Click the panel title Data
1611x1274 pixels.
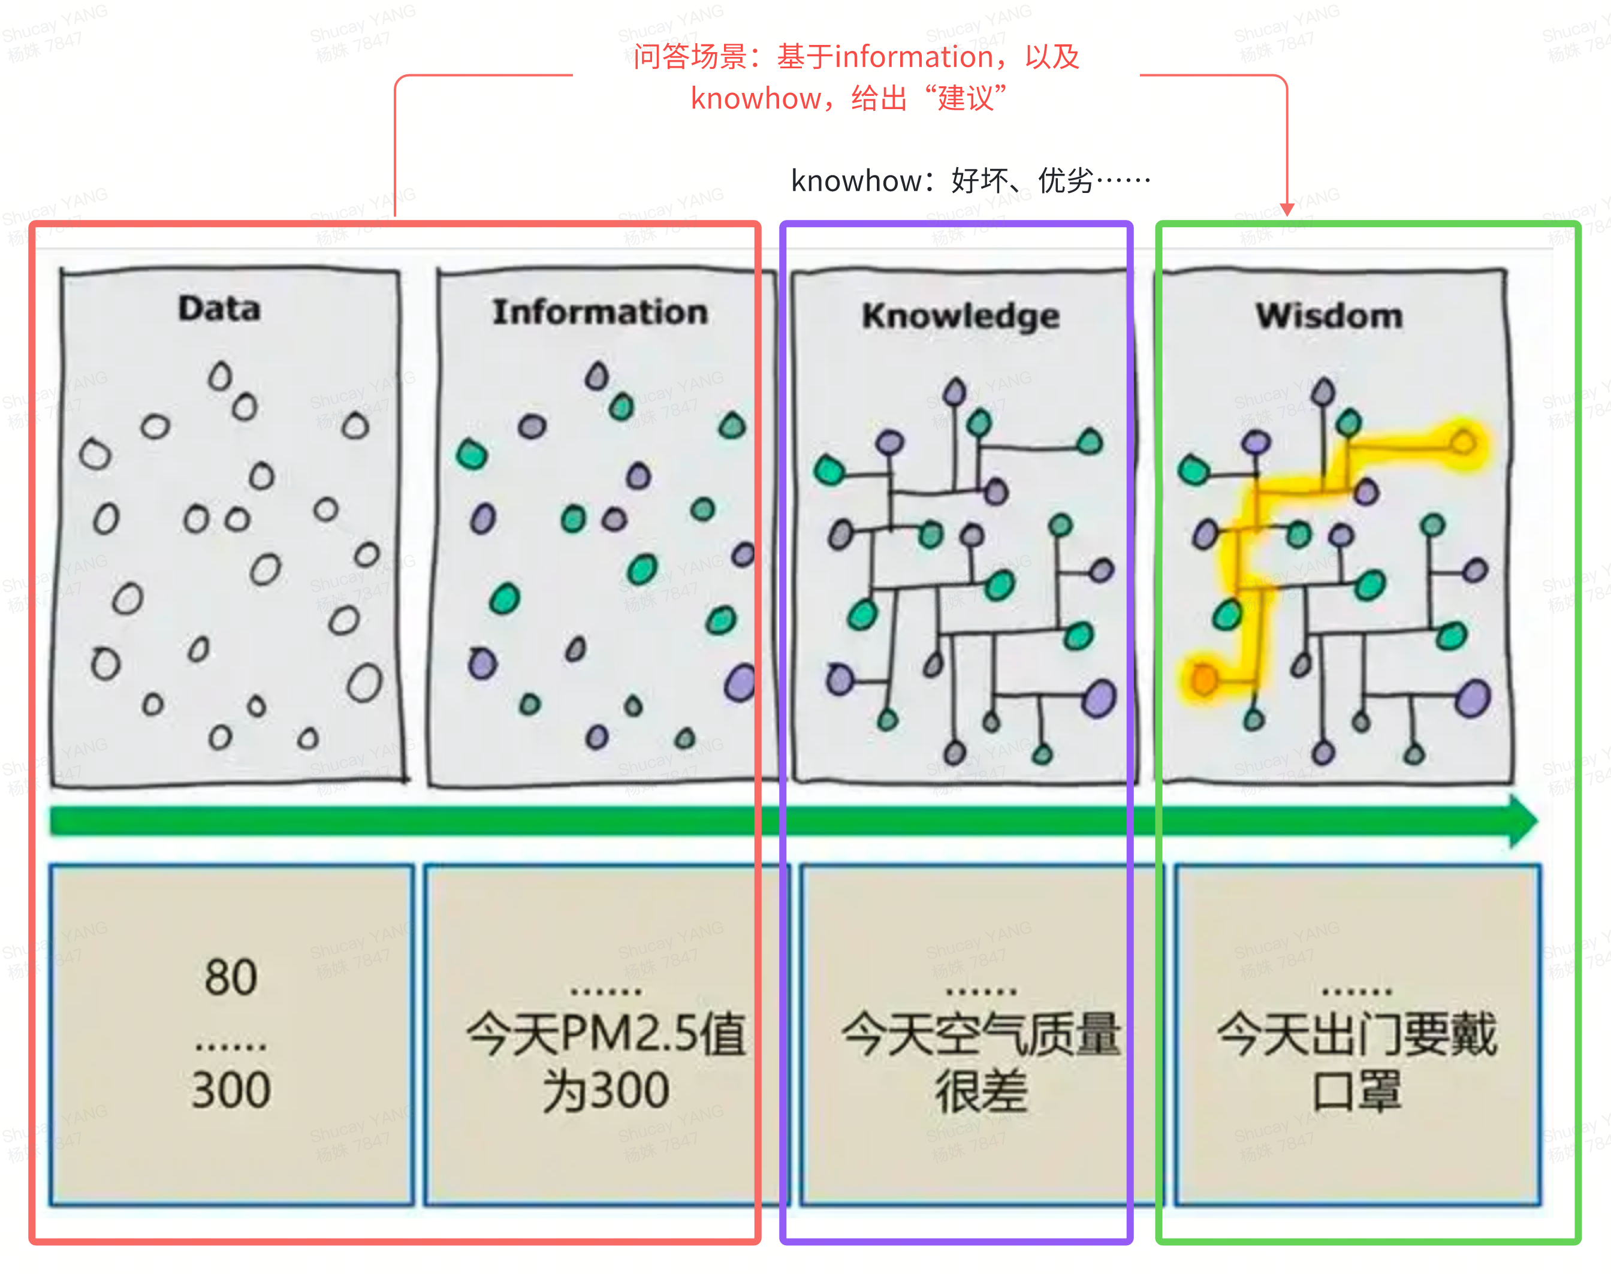[x=219, y=309]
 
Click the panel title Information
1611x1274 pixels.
[x=600, y=312]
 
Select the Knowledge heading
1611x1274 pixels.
[x=961, y=316]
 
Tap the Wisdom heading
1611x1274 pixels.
[x=1329, y=316]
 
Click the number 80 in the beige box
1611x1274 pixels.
[x=231, y=977]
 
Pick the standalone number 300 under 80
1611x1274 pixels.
[x=231, y=1090]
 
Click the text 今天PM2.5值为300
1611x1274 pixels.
[x=605, y=1061]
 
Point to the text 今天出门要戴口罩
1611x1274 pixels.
[x=1357, y=1061]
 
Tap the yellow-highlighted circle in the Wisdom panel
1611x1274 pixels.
[x=1464, y=443]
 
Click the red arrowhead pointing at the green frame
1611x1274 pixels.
[x=1287, y=209]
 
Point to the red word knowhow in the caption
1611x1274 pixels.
[x=756, y=98]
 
